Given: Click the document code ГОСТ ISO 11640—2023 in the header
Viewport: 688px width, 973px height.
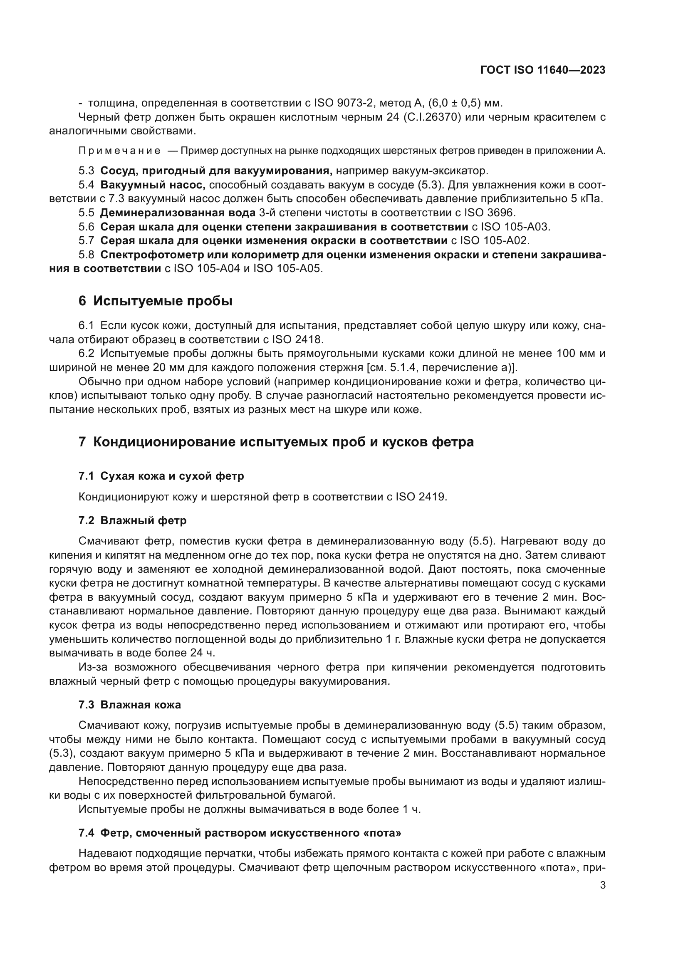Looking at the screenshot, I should [x=543, y=70].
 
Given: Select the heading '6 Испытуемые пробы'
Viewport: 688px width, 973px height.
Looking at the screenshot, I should [x=156, y=301].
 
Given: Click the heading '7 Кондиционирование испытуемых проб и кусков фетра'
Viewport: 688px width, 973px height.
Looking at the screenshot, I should [x=276, y=442].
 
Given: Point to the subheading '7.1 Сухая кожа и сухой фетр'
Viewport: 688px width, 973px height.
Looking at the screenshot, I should [x=161, y=476].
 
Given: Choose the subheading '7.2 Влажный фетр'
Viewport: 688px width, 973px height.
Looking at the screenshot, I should [x=132, y=520].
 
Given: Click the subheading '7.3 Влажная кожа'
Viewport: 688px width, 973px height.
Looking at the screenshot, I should [x=130, y=705].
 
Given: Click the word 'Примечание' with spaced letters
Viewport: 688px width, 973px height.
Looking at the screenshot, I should [x=119, y=151].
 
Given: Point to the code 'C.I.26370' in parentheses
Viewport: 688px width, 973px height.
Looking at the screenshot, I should [x=431, y=117].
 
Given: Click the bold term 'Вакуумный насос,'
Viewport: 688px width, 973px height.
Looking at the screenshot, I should [x=153, y=185].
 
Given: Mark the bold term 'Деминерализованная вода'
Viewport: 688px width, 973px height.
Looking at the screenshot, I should [x=178, y=213].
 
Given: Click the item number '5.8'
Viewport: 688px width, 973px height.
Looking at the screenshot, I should [x=87, y=255].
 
